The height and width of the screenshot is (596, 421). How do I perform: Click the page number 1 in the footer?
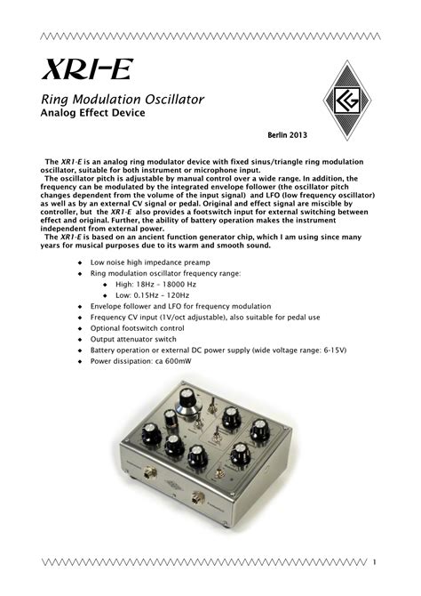coord(376,561)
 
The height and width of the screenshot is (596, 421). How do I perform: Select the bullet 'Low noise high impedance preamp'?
coord(139,264)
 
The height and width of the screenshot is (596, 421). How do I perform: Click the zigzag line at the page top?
coord(210,36)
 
